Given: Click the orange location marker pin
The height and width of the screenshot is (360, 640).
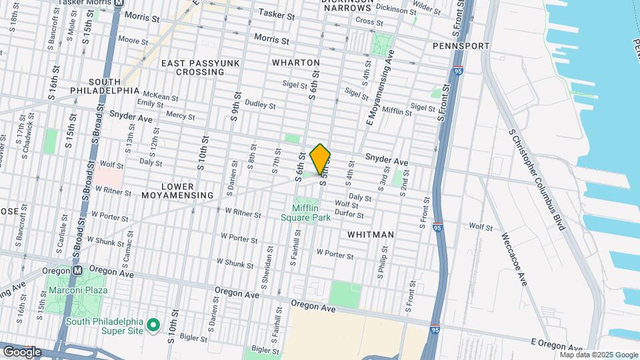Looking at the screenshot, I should point(320,159).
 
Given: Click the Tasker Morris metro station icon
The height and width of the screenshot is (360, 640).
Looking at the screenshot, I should point(119,3).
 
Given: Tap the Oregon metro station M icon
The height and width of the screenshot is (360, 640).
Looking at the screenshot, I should point(77,271).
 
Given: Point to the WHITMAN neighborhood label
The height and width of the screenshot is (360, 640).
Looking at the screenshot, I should point(371,235).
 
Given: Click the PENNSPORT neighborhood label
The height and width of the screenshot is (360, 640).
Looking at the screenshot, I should point(461,46).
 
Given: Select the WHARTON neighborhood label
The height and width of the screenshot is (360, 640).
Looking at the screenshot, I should point(296,63).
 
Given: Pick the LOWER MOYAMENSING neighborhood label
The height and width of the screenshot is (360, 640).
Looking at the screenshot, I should point(177,191).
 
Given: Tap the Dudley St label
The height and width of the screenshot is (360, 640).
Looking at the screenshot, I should point(260,105).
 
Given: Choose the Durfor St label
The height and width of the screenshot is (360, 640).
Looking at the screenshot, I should point(349,215).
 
